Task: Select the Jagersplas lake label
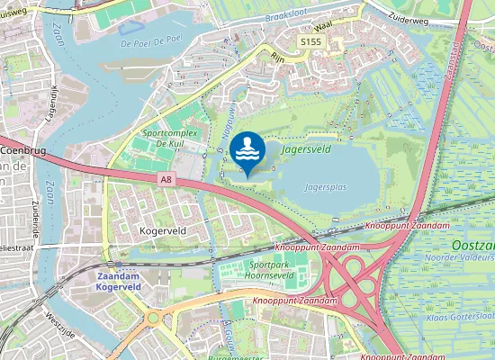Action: [326, 189]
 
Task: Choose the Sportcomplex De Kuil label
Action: [170, 139]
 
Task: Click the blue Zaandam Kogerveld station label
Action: [119, 280]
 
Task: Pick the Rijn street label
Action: [278, 54]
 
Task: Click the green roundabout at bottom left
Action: [152, 317]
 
